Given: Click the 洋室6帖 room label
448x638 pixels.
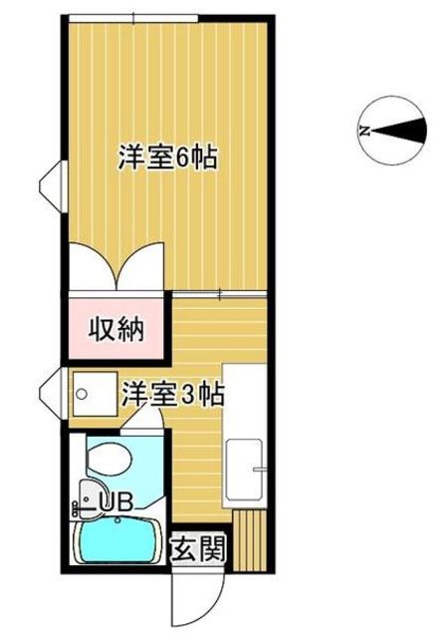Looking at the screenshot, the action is coord(167,157).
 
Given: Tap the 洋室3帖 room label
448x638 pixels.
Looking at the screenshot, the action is coord(173,394).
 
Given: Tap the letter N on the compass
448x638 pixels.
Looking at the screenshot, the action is coord(364,131).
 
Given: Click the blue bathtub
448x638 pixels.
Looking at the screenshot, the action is coord(117,542).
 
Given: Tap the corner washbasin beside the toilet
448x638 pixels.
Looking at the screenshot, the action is coord(91,497).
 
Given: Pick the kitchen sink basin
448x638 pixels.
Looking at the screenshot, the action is coord(244,470).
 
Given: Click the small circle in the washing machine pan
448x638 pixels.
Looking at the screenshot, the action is coord(82,394).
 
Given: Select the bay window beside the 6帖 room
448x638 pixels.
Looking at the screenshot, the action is coord(53,186).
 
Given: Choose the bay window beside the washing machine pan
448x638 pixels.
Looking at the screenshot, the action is coord(53,394).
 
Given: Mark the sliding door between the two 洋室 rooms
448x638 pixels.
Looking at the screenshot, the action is coord(220,294).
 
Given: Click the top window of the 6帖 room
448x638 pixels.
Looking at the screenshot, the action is coord(133,18).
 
